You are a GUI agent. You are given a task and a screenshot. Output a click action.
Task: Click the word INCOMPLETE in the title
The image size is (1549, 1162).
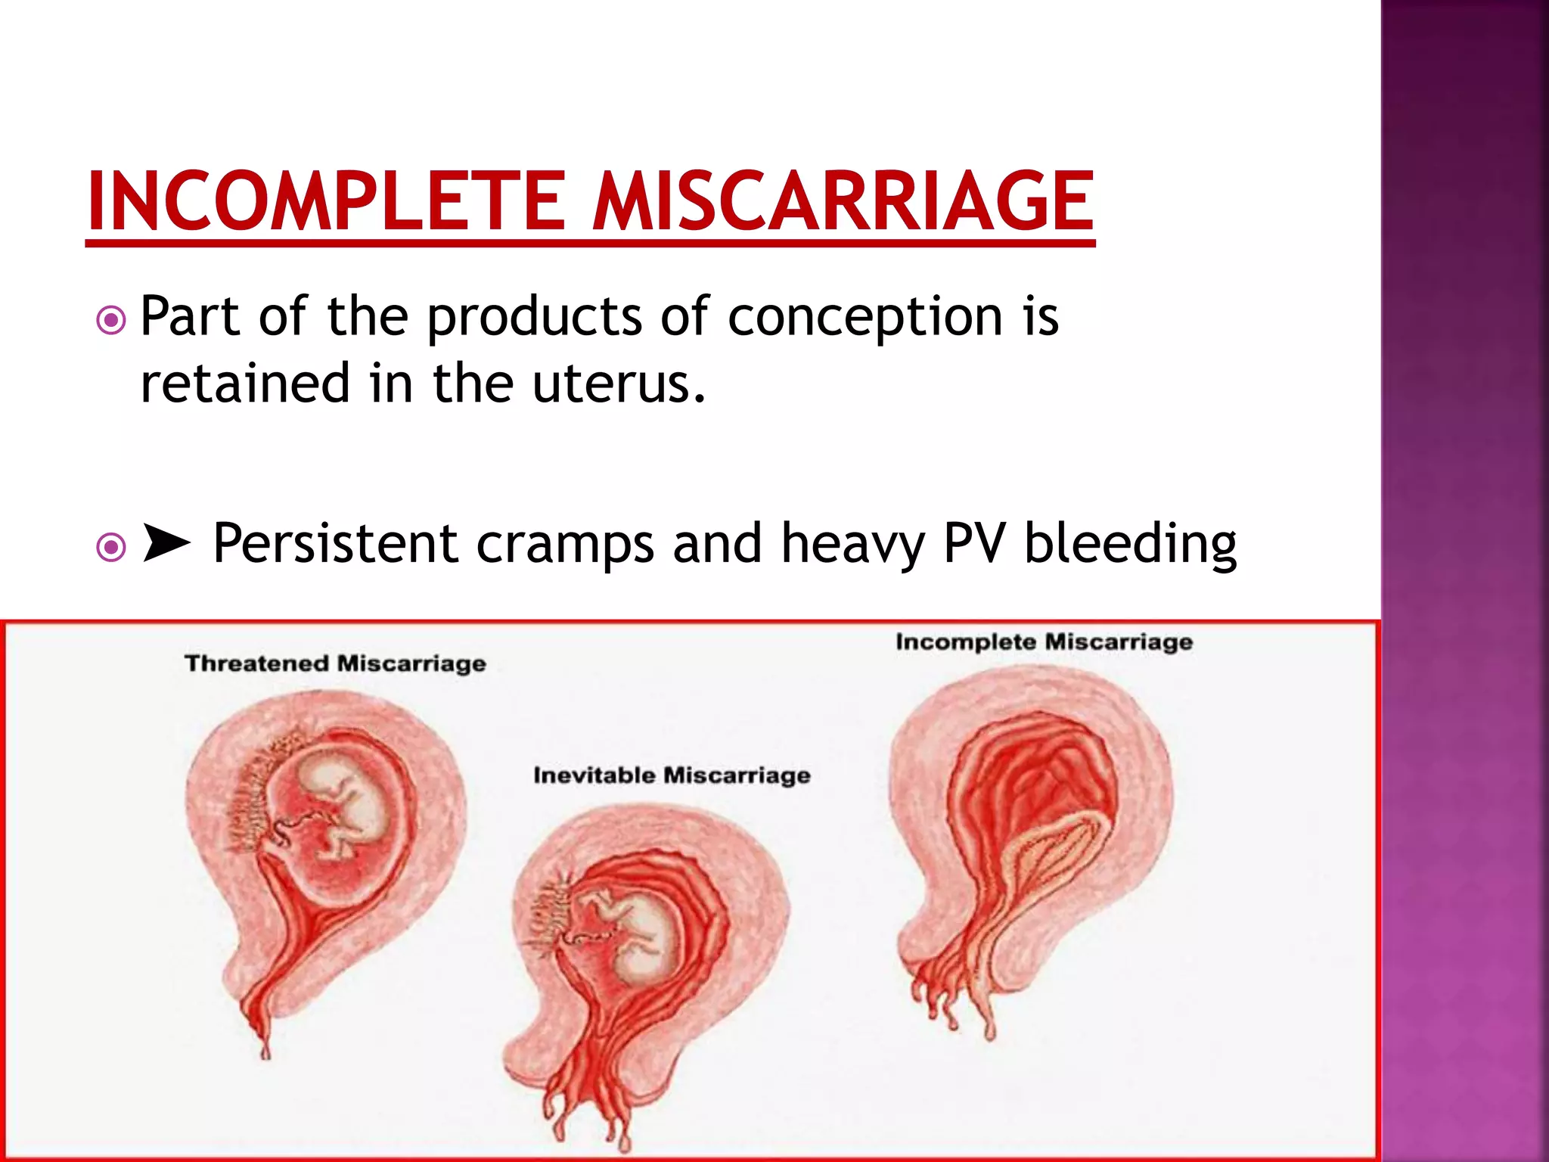click(326, 200)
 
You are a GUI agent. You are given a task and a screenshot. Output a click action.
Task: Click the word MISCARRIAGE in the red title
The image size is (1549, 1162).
click(842, 200)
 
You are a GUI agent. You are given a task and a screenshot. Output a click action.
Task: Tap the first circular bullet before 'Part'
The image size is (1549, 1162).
click(111, 320)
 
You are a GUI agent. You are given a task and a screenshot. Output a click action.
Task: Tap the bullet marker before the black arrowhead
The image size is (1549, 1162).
click(111, 546)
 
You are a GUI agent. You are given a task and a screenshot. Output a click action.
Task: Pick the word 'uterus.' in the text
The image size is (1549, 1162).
click(619, 383)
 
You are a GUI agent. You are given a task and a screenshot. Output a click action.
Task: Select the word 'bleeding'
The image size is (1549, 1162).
click(1130, 545)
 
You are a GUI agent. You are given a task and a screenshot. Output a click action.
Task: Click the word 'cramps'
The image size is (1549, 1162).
click(565, 545)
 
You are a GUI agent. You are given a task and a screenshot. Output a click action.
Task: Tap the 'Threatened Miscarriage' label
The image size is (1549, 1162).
click(335, 663)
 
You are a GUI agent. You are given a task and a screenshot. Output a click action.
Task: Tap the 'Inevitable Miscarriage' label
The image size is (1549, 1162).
click(672, 775)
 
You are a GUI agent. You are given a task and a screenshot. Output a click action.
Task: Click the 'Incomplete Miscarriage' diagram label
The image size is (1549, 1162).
click(1044, 642)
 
